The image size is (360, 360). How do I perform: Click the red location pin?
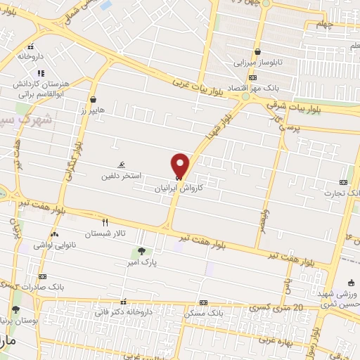click(x=181, y=165)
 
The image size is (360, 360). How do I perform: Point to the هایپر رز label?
click(x=92, y=111)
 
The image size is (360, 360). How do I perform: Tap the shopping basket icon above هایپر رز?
click(x=93, y=99)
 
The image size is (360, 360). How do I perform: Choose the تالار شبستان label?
click(x=103, y=233)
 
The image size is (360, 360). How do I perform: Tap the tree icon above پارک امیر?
click(x=141, y=250)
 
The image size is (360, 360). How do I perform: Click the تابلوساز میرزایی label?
click(x=258, y=63)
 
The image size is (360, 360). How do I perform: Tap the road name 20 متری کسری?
click(x=276, y=308)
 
